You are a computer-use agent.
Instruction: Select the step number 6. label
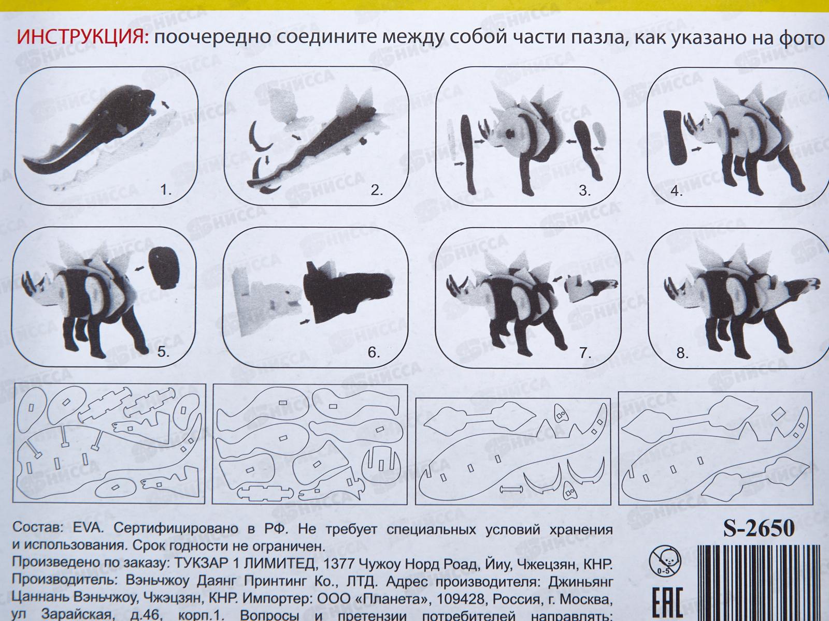click(374, 352)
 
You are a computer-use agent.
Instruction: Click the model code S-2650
click(759, 529)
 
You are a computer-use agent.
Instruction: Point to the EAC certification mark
click(666, 602)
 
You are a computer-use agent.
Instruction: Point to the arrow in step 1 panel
click(166, 105)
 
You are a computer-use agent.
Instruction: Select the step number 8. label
click(682, 353)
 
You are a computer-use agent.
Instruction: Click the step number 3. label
click(584, 190)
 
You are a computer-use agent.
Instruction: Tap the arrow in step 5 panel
click(137, 268)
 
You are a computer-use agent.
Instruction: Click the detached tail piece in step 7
click(591, 287)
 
